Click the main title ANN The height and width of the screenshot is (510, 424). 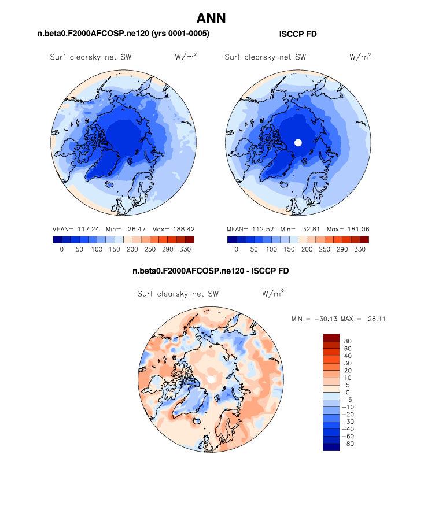coord(212,19)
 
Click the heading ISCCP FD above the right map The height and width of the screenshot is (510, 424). coord(297,34)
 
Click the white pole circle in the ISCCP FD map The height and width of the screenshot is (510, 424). coord(298,142)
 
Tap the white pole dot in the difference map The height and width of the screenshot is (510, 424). coord(212,379)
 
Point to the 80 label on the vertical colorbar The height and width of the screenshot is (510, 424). coord(348,341)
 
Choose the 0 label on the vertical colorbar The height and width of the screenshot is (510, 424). coord(346,393)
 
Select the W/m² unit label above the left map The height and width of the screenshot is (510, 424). coord(185,57)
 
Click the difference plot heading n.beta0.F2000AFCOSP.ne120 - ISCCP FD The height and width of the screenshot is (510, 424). coord(211,271)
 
